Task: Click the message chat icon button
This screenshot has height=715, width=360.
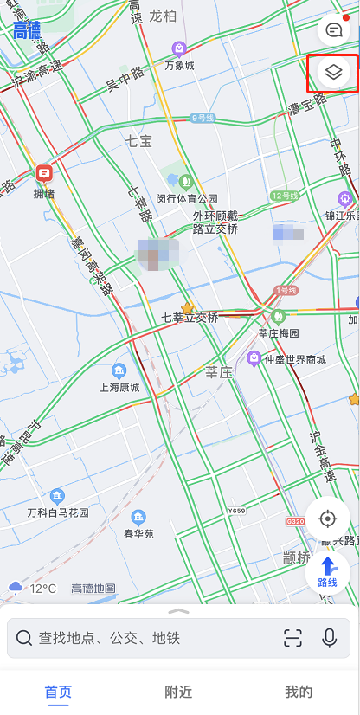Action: (334, 31)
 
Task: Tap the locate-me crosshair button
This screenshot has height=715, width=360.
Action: (327, 519)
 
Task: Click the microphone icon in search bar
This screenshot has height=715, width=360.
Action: (329, 639)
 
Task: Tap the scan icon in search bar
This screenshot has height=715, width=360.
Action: (292, 639)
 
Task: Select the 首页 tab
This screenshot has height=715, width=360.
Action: (59, 692)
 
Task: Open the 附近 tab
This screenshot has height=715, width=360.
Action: (179, 692)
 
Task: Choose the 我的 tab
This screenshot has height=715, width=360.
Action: (299, 692)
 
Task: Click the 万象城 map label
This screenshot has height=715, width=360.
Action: (179, 65)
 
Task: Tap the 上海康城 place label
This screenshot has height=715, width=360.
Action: (119, 387)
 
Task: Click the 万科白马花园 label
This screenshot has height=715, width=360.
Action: (58, 512)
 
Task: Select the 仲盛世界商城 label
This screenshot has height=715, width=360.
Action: (295, 359)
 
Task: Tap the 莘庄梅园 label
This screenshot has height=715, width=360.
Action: (279, 332)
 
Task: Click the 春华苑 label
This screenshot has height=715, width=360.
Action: (138, 533)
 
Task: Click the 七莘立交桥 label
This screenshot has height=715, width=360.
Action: (190, 318)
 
